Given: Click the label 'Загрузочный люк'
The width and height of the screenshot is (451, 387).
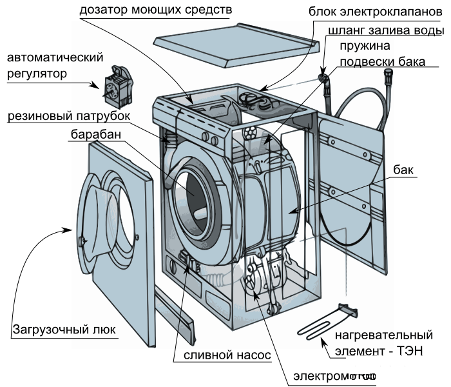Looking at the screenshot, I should [64, 330].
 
